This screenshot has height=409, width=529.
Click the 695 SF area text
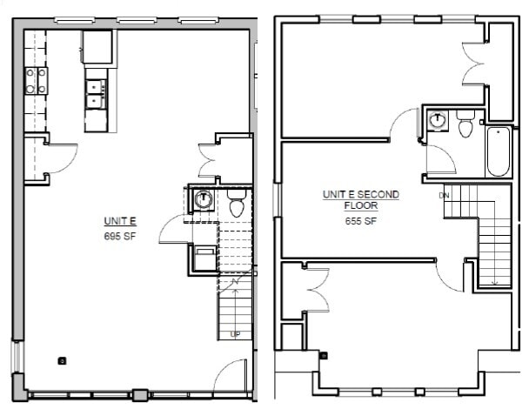117,236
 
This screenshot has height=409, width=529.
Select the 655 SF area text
360,221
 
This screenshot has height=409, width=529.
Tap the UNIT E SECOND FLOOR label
360,201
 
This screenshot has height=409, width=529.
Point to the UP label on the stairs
234,334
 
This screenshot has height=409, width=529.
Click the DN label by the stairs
444,195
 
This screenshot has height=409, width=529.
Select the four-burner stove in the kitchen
36,82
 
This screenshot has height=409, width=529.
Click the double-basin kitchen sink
97,93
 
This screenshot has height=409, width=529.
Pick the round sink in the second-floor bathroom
435,121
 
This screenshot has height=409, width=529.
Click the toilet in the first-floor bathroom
235,206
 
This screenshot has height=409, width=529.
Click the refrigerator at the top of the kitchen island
98,46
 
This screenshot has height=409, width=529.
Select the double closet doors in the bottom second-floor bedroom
314,287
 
